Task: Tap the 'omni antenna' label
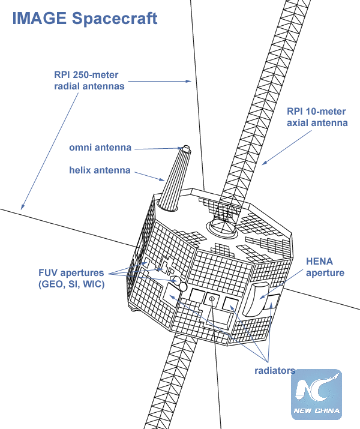point(100,148)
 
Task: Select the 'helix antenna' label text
point(100,170)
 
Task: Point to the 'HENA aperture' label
point(325,268)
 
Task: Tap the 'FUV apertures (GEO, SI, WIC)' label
point(71,278)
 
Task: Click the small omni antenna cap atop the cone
point(185,148)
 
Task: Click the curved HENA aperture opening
point(259,298)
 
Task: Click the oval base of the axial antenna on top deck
point(221,227)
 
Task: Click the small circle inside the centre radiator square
point(211,298)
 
